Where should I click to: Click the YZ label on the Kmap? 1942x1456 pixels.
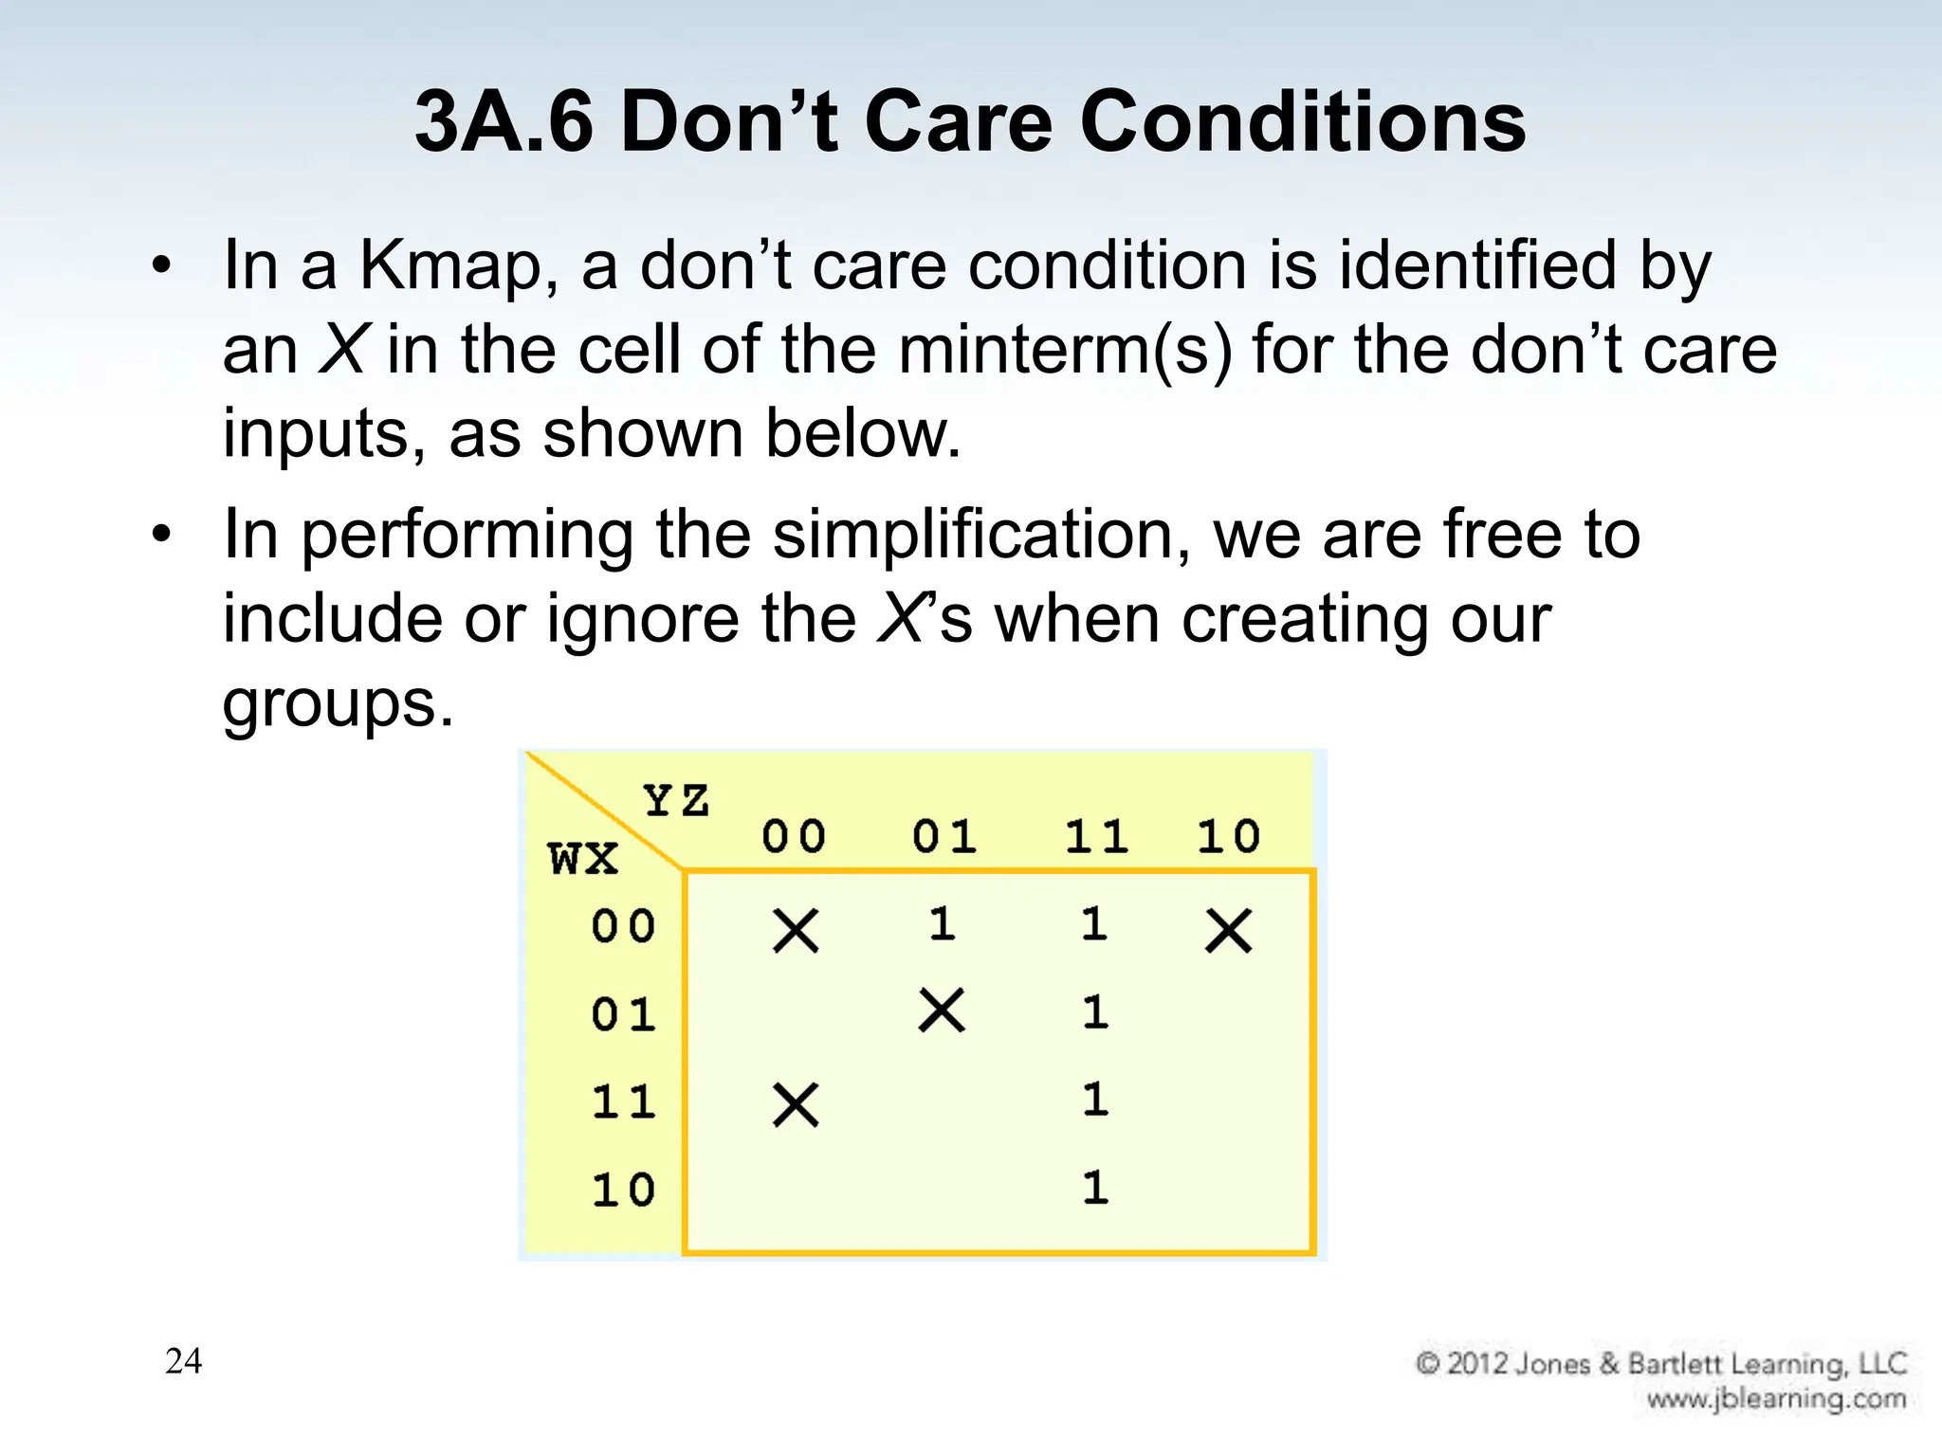[676, 801]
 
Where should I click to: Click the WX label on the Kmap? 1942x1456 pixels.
[582, 859]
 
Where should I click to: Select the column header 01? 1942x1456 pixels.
[944, 837]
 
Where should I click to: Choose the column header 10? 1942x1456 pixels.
[1228, 837]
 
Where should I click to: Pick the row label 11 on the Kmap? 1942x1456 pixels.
[623, 1102]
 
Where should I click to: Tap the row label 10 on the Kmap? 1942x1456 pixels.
[623, 1191]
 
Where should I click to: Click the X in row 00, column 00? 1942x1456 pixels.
[796, 931]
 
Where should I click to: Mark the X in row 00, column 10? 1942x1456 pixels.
[1228, 931]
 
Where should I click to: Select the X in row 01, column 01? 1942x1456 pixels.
[942, 1010]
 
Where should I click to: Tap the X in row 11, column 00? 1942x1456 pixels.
[796, 1105]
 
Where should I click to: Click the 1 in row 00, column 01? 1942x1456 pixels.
[942, 924]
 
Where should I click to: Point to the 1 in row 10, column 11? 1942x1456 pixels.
[1095, 1188]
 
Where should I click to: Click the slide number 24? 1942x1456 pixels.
[183, 1361]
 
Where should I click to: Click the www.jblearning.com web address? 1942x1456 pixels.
[1775, 1399]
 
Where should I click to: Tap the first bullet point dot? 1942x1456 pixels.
[162, 267]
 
